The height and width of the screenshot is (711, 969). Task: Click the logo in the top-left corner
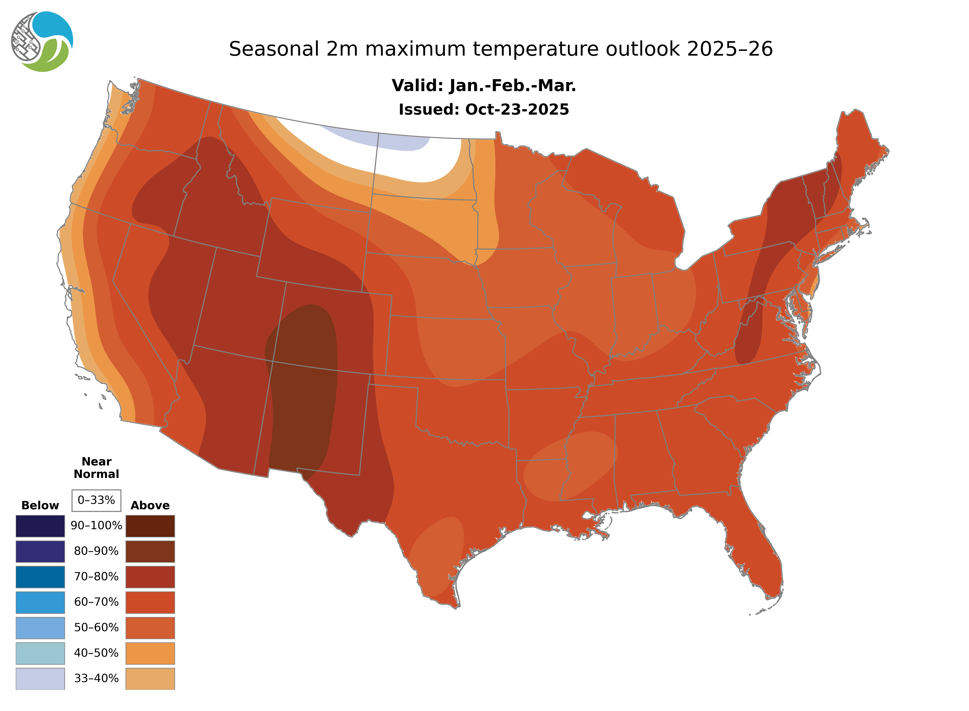coord(42,42)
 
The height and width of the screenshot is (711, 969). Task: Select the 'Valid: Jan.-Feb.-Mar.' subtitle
coord(484,86)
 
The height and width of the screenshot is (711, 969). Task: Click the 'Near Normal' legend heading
coord(96,468)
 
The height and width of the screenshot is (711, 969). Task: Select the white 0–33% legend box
coord(96,500)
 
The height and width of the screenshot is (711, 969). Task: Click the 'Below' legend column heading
coord(40,505)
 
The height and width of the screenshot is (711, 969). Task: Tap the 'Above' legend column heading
coord(150,505)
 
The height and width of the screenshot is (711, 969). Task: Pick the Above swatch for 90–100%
coord(150,526)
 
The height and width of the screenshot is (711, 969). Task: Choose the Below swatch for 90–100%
coord(40,526)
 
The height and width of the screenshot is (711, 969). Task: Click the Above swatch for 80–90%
coord(150,551)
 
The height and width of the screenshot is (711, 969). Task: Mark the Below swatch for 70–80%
coord(40,577)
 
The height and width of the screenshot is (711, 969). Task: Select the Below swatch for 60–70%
coord(40,602)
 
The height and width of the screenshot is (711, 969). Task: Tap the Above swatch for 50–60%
coord(150,628)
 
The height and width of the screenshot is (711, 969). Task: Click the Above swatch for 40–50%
coord(150,653)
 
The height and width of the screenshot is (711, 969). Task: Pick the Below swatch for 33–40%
coord(40,678)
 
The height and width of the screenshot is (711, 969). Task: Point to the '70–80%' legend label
coord(96,577)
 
